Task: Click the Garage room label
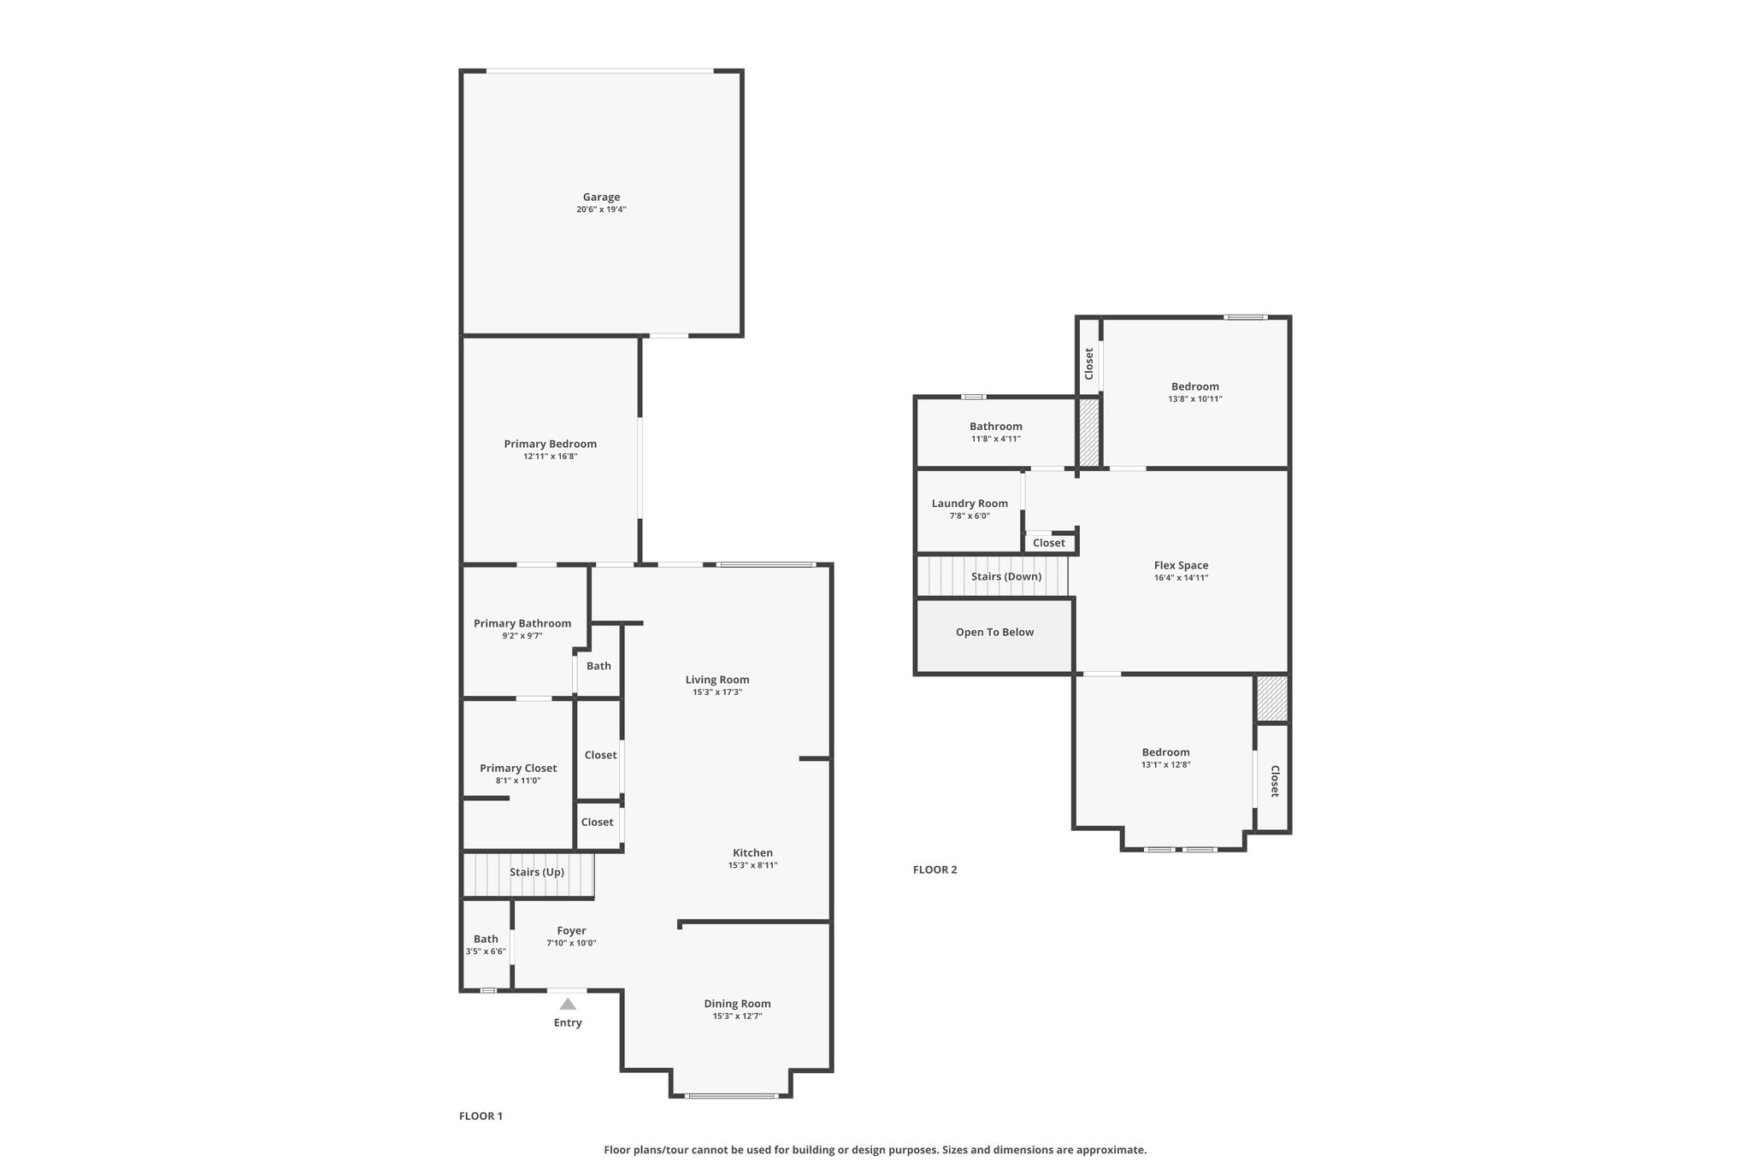pos(601,197)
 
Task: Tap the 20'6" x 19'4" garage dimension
pos(601,209)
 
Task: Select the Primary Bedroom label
pos(550,444)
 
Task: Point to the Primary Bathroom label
pos(522,623)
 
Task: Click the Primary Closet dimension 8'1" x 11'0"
pos(518,781)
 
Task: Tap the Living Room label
pos(717,680)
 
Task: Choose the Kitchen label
pos(752,852)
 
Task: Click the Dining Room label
pos(737,1004)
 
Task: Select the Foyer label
pos(571,931)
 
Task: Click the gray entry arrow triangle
pos(568,1004)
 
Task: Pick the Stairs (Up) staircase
pos(528,875)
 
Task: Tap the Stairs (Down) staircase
pos(993,575)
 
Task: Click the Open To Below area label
pos(994,633)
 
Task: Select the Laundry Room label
pos(970,504)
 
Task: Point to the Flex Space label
pos(1181,565)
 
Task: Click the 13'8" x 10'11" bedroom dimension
pos(1195,399)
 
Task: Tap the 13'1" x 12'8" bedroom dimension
pos(1165,765)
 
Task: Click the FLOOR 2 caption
pos(935,869)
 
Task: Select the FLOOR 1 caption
pos(480,1116)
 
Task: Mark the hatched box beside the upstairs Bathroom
pos(1088,433)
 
